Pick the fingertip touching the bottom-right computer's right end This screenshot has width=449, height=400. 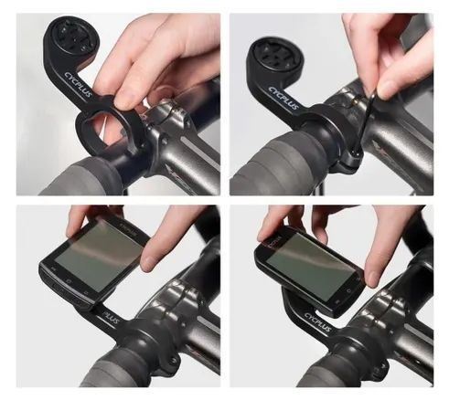tap(376, 269)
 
